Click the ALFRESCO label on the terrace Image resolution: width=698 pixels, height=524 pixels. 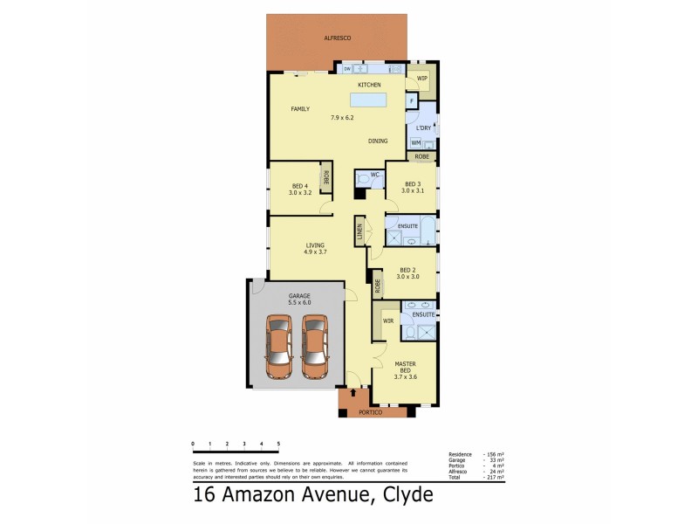[338, 39]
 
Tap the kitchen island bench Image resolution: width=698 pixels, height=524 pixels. [369, 100]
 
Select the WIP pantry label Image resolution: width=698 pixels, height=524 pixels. [422, 79]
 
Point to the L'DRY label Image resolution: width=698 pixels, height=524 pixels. [424, 129]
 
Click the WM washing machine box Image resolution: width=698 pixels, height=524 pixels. [416, 142]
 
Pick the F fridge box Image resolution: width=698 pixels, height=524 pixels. [411, 101]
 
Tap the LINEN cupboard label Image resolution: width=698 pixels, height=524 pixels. [359, 232]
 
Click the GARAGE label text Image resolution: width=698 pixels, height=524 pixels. [300, 295]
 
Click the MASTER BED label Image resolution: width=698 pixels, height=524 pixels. [405, 367]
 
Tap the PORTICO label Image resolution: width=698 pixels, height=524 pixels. [371, 412]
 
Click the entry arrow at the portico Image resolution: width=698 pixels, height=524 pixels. [352, 393]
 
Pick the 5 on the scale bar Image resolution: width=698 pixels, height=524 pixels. [278, 445]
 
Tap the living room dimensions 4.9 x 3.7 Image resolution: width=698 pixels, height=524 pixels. [315, 252]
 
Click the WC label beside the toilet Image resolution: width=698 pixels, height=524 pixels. [374, 175]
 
